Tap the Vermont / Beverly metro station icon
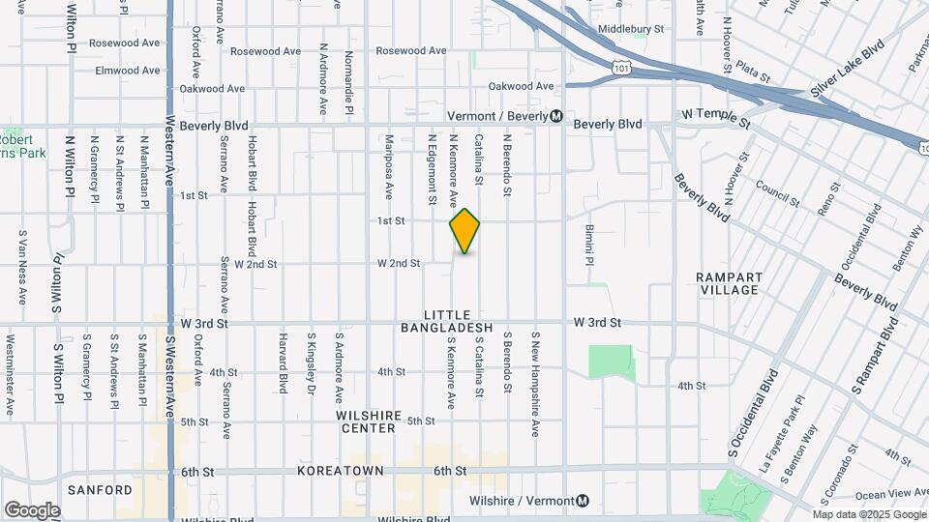[556, 116]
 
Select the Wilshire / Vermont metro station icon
[582, 501]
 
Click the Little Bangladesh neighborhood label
[447, 322]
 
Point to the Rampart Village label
[729, 283]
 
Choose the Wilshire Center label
[369, 421]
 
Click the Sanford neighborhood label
[100, 490]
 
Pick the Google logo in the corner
[32, 509]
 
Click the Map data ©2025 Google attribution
[869, 513]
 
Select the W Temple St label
[716, 118]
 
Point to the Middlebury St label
[631, 29]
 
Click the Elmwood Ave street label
[127, 71]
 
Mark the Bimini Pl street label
[588, 246]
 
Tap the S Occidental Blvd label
[755, 413]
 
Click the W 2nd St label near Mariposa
[399, 263]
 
